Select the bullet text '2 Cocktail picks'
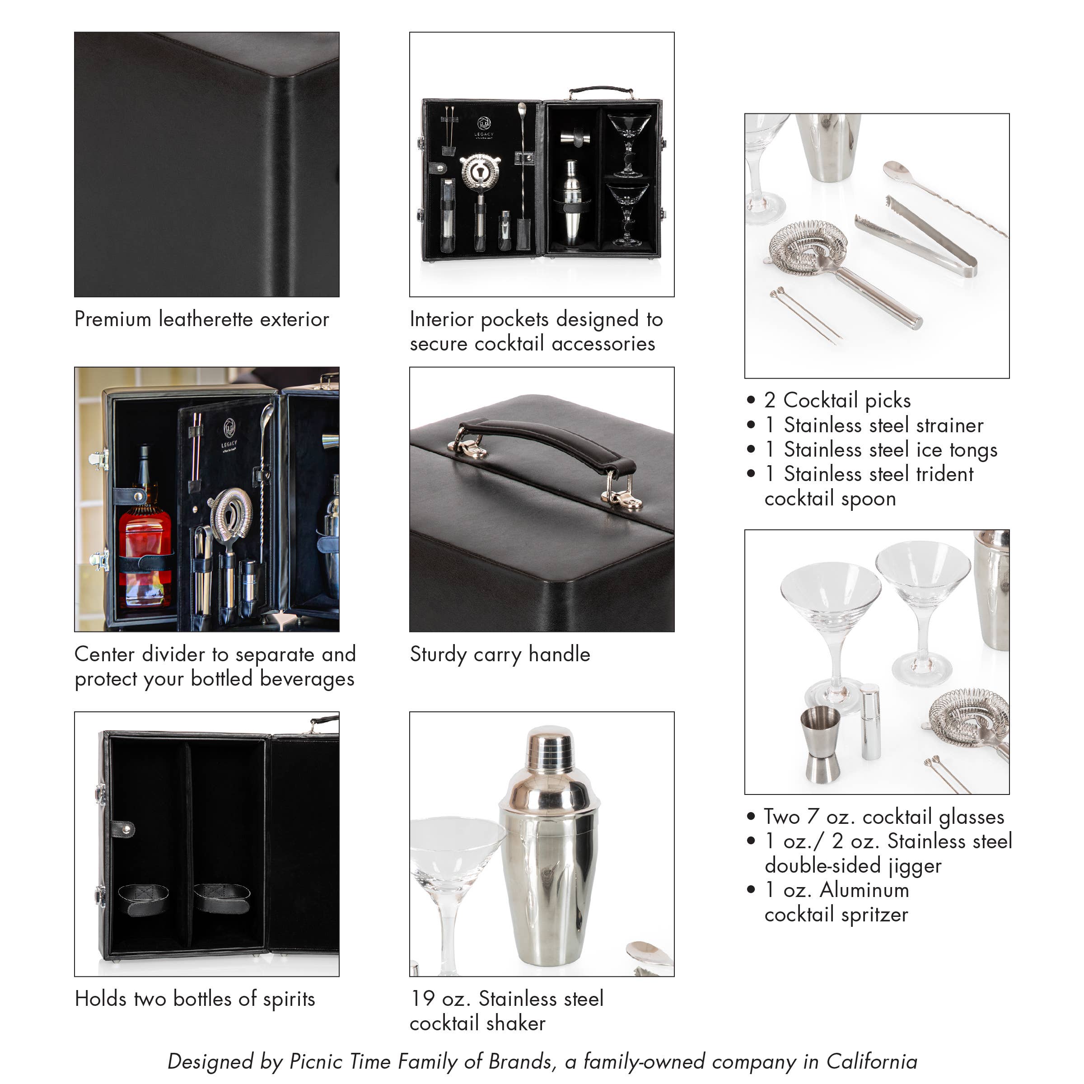tap(837, 400)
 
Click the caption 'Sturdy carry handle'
tap(500, 654)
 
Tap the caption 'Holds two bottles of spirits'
tap(195, 999)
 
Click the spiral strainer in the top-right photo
tap(808, 247)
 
